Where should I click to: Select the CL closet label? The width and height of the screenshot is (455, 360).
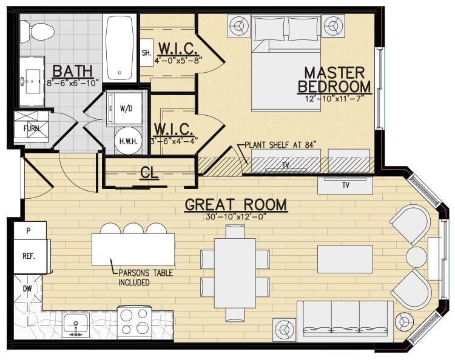click(x=149, y=173)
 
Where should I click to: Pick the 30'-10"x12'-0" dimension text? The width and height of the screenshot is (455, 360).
click(x=236, y=217)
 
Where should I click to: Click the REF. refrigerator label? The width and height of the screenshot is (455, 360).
click(x=29, y=256)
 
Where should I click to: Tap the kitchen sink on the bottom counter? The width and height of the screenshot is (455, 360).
click(x=76, y=325)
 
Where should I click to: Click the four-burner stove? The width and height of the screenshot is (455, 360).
click(x=134, y=322)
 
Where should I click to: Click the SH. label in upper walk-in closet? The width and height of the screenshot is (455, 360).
click(x=146, y=52)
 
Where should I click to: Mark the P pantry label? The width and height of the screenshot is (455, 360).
click(x=28, y=230)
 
